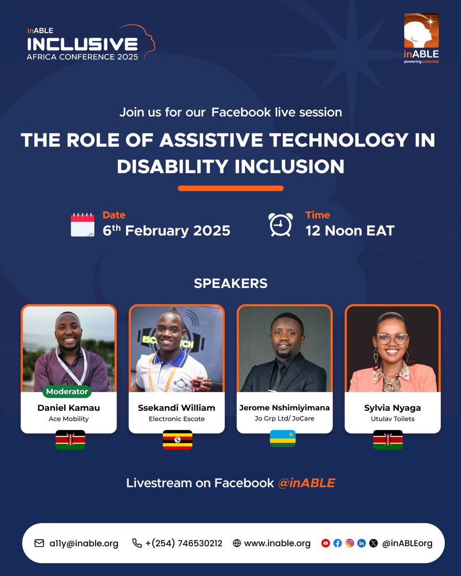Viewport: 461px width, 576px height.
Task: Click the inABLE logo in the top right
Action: coord(421,38)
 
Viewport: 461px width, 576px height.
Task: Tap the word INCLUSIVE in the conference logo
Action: coord(82,45)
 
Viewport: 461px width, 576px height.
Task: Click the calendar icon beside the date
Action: coord(83,225)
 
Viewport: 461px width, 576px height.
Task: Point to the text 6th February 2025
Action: coord(166,230)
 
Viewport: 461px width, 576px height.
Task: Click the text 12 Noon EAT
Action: coord(350,230)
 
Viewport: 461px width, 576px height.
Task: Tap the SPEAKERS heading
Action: coord(230,283)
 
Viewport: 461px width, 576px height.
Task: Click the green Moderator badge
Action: coord(67,391)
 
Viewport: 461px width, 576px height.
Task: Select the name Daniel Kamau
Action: coord(69,408)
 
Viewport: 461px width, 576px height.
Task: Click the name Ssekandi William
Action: coord(176,408)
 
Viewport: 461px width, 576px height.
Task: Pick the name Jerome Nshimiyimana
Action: coord(284,408)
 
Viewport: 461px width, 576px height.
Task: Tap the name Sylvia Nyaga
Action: coord(392,408)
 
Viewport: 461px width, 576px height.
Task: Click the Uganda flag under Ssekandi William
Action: coord(178,440)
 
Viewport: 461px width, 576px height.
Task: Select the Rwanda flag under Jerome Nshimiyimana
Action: coord(283,439)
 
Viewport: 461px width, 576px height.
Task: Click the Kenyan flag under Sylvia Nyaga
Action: coord(388,440)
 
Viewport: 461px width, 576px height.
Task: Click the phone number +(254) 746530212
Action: coord(184,543)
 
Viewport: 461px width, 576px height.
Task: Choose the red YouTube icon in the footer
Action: coord(326,543)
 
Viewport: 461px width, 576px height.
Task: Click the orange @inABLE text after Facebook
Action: coord(306,483)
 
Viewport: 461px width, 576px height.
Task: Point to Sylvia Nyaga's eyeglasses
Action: coord(392,338)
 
